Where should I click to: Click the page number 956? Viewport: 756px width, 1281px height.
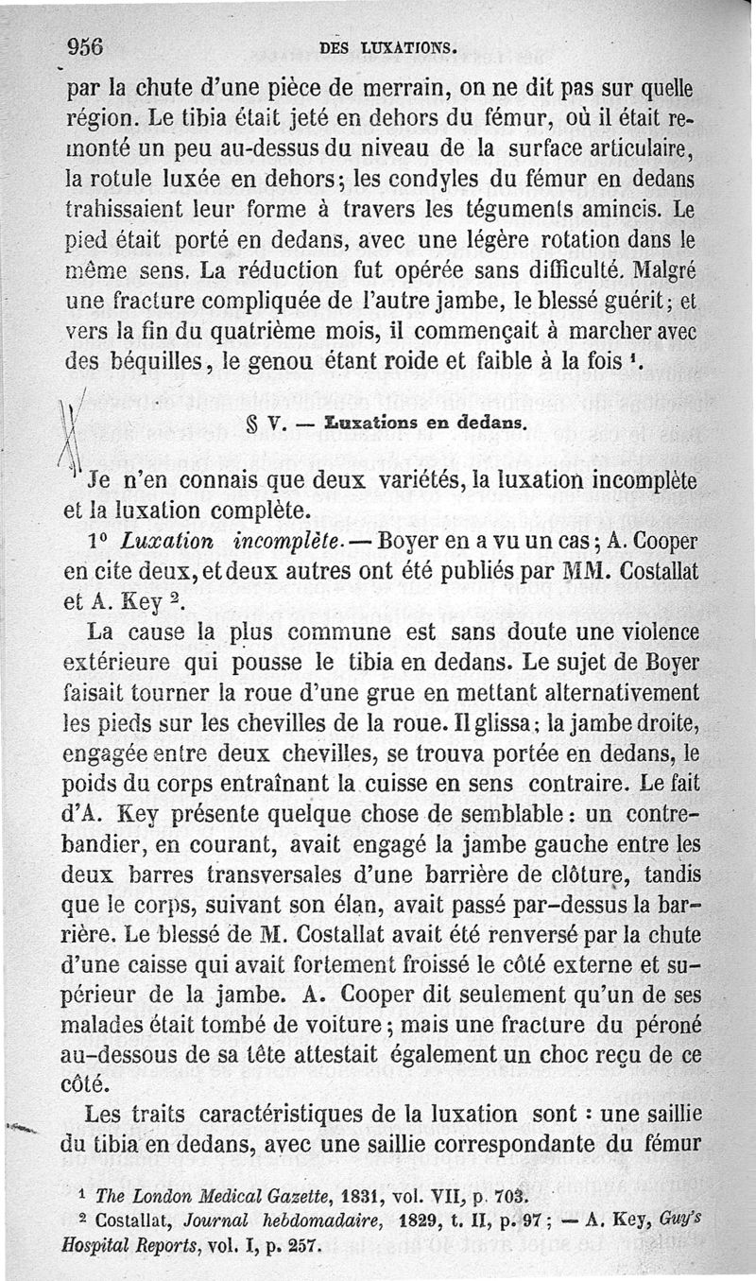coord(84,46)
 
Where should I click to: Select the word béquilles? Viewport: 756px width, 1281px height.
coord(137,360)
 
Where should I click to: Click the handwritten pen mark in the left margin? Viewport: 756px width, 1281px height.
coord(68,430)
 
